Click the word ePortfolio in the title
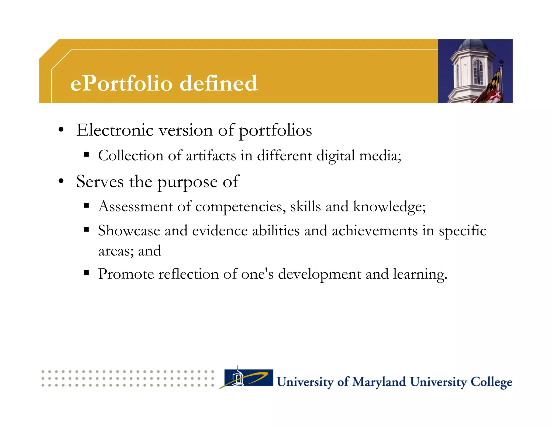click(121, 83)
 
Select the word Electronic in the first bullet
click(115, 130)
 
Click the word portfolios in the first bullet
click(275, 131)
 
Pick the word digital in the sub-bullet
click(335, 156)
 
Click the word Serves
click(100, 182)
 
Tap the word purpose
click(187, 183)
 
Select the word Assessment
click(136, 207)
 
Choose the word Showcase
click(129, 231)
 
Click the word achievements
click(374, 231)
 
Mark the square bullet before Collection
click(86, 155)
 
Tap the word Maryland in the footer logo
click(379, 382)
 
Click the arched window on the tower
click(478, 71)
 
